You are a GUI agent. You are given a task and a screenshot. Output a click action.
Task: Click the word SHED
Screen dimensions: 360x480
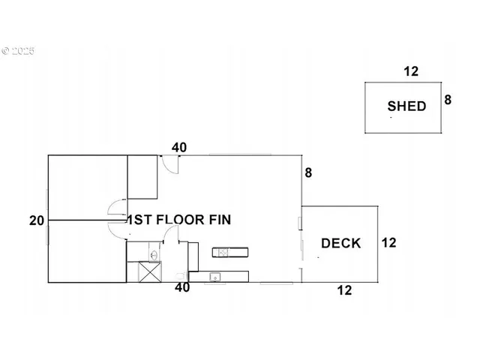(406, 106)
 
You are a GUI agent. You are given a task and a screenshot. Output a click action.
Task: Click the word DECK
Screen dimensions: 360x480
(340, 243)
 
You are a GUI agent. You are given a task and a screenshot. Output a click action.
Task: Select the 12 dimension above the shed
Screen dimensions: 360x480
(410, 72)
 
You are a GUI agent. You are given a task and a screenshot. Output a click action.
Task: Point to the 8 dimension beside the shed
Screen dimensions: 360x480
(448, 99)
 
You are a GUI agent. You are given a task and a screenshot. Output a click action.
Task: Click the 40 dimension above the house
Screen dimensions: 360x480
(179, 148)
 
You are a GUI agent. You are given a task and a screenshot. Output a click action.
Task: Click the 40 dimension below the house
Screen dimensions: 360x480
(181, 287)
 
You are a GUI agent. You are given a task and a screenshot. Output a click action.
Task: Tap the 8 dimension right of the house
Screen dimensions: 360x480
(308, 173)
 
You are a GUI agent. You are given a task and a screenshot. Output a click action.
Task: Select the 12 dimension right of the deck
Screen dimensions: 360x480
(388, 243)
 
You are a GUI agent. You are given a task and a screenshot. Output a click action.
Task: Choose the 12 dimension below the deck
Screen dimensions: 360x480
(344, 290)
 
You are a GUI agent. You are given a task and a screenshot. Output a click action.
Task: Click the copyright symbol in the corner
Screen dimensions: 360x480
(6, 52)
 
